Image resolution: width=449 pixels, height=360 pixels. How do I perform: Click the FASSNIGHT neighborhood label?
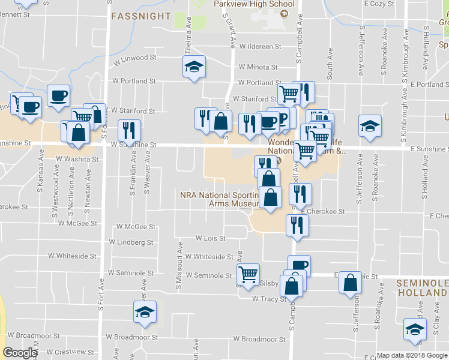(x=141, y=16)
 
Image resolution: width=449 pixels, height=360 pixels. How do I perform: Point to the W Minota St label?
(x=258, y=68)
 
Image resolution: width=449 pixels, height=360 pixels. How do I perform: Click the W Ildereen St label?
(x=260, y=46)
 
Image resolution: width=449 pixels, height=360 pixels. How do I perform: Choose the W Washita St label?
(x=77, y=160)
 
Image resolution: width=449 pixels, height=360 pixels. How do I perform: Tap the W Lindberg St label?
(x=131, y=242)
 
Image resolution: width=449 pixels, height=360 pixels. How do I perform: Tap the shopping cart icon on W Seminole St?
(x=248, y=274)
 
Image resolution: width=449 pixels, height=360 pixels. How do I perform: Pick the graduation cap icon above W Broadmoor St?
(x=144, y=311)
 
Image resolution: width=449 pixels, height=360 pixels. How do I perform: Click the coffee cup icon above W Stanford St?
(x=58, y=95)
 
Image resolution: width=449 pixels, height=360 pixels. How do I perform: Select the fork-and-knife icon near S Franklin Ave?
(x=129, y=130)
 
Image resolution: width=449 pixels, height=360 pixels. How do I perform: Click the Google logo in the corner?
(x=20, y=353)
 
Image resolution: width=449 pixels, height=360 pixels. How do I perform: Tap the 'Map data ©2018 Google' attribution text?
(x=412, y=355)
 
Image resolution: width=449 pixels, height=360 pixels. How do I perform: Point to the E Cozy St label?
(x=378, y=4)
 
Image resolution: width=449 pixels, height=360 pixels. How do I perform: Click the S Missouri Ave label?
(x=179, y=273)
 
